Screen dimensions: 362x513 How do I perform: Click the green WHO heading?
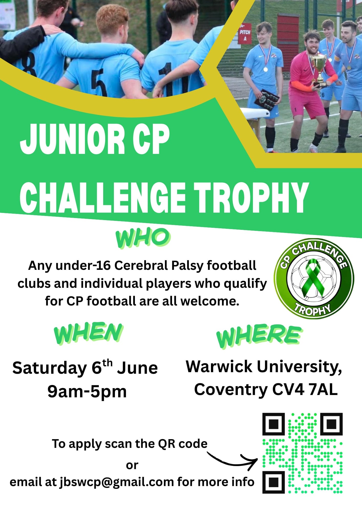(x=143, y=239)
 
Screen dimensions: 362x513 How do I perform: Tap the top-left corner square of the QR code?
(x=274, y=424)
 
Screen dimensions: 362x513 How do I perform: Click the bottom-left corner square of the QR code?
(x=274, y=482)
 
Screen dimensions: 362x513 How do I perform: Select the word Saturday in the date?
(x=50, y=369)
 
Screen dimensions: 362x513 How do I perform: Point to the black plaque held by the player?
(x=266, y=100)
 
